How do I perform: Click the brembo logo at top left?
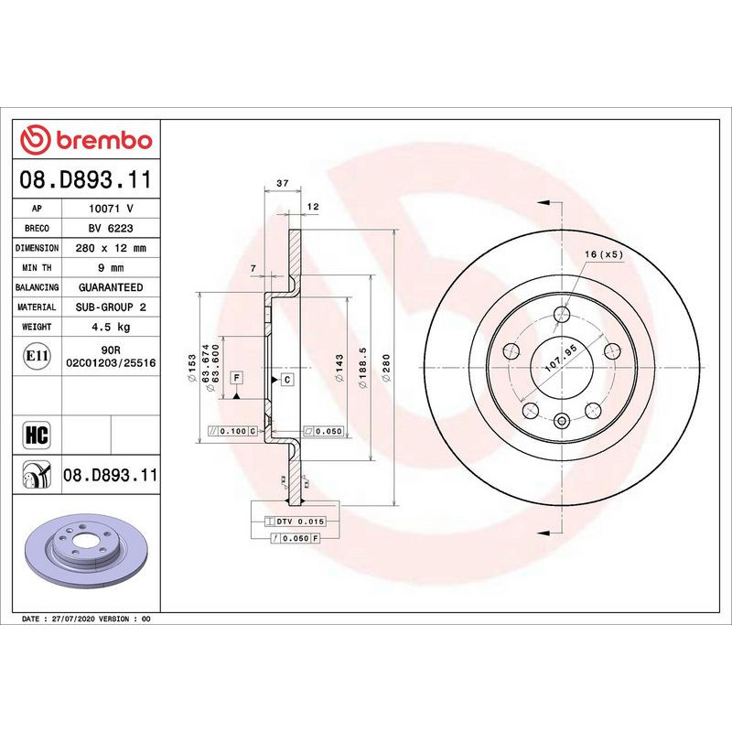[86, 140]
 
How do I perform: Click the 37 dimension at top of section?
[282, 184]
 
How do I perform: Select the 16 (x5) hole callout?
[604, 253]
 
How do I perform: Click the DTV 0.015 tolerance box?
[300, 521]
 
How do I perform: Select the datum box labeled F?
[236, 378]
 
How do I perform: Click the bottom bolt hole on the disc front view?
[561, 421]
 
